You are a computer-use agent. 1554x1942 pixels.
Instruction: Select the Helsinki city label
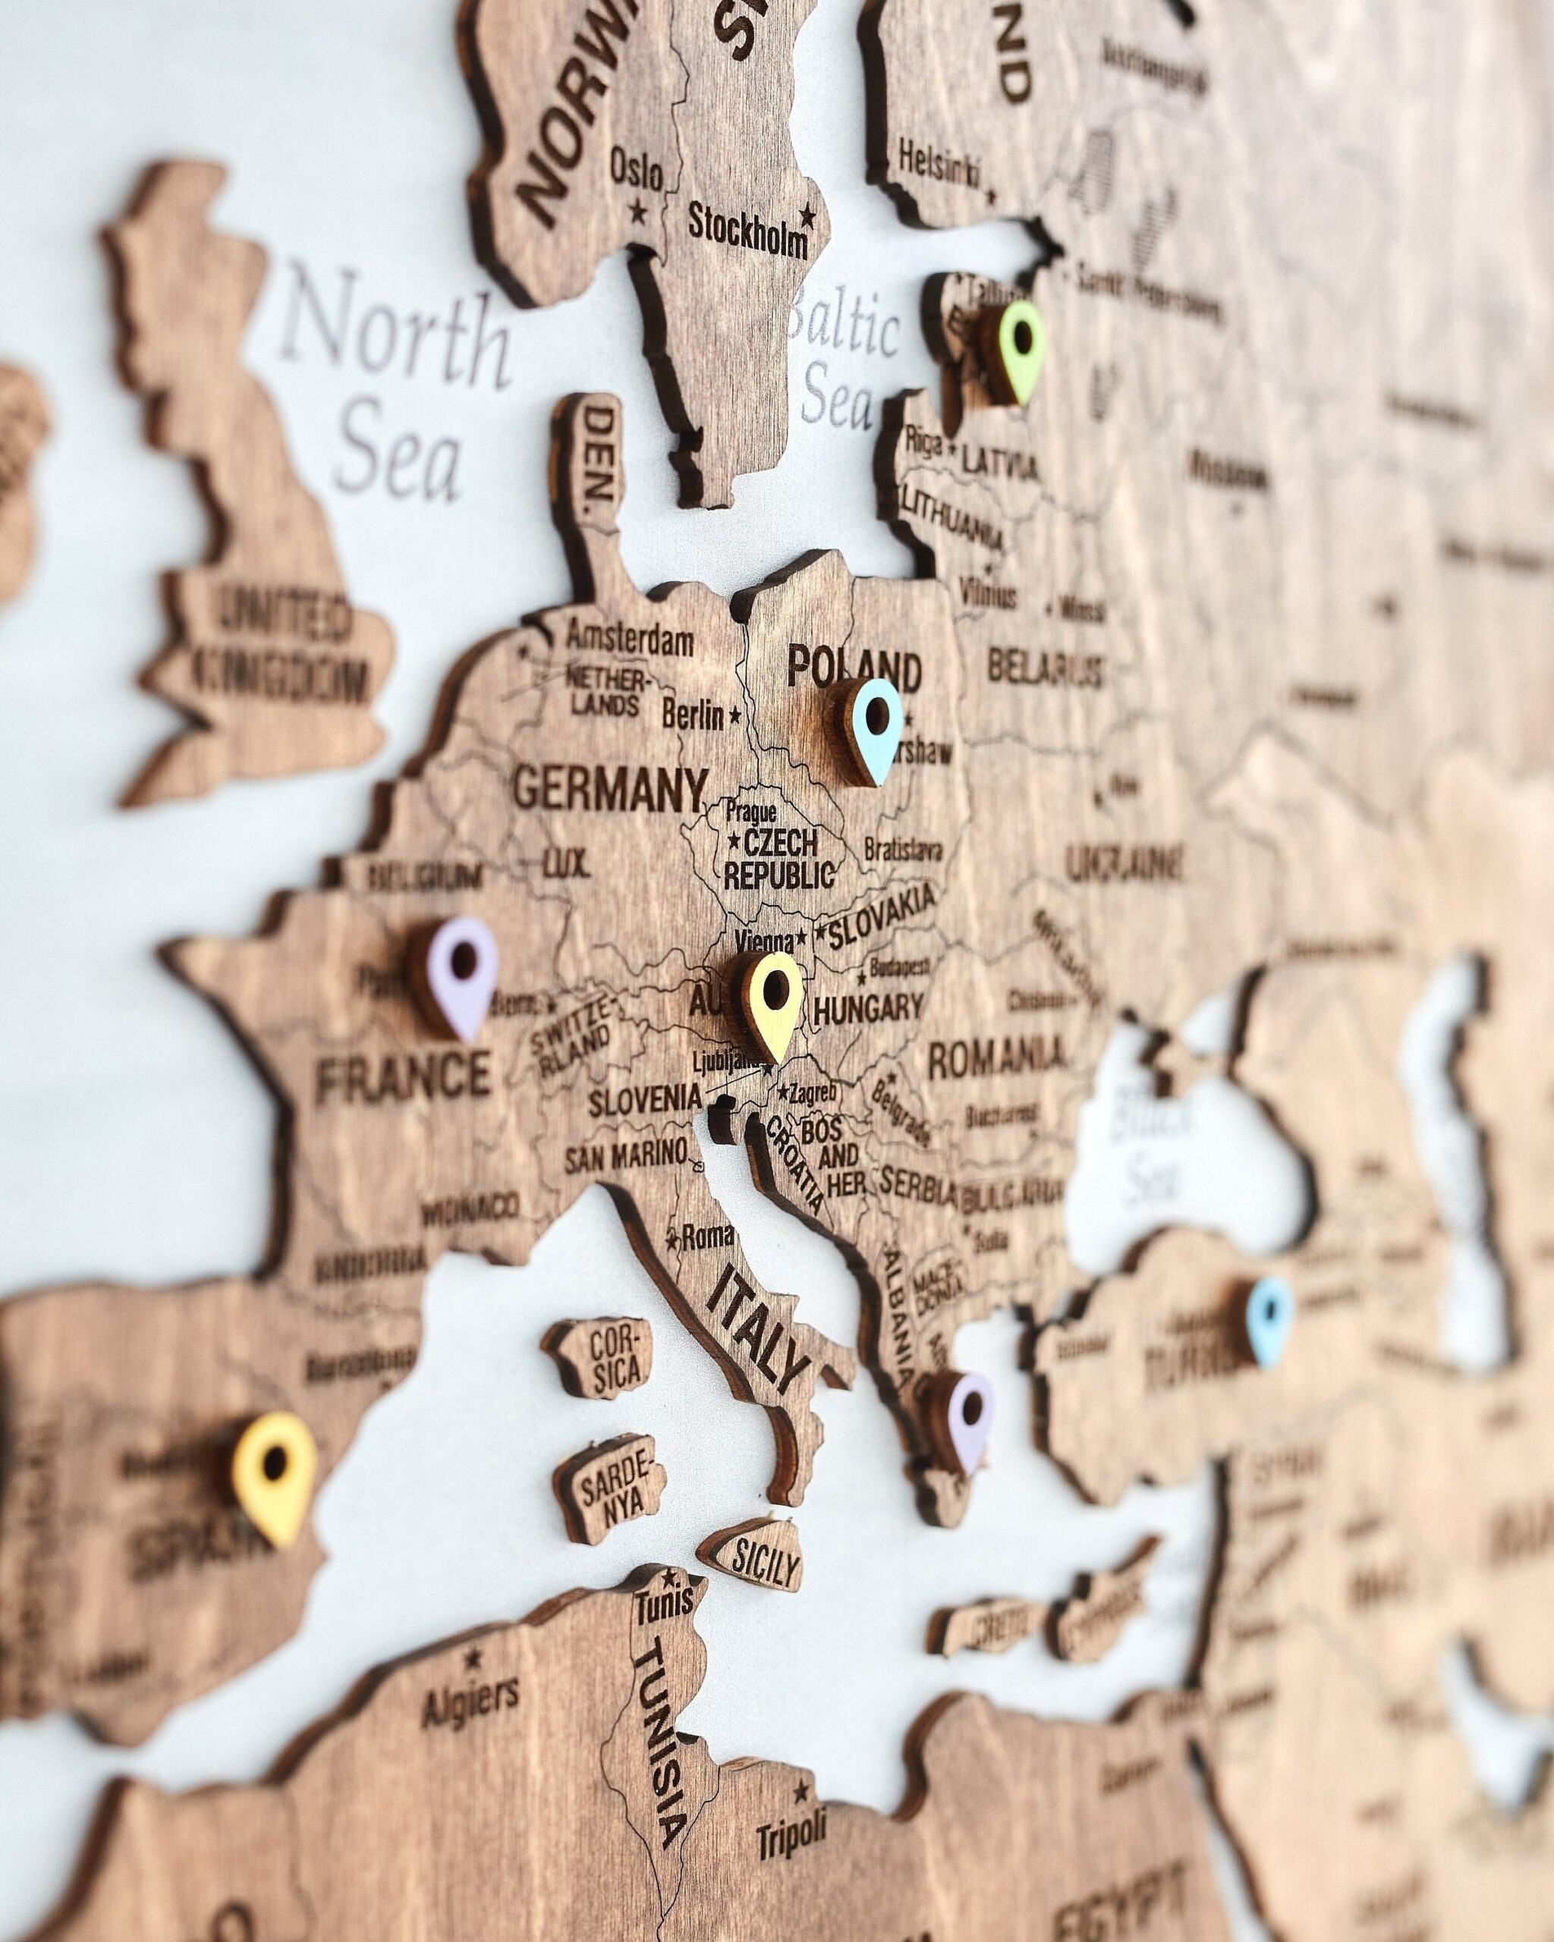click(939, 164)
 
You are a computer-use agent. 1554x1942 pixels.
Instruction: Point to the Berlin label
click(693, 716)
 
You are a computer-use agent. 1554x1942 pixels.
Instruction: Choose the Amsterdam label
click(628, 640)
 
